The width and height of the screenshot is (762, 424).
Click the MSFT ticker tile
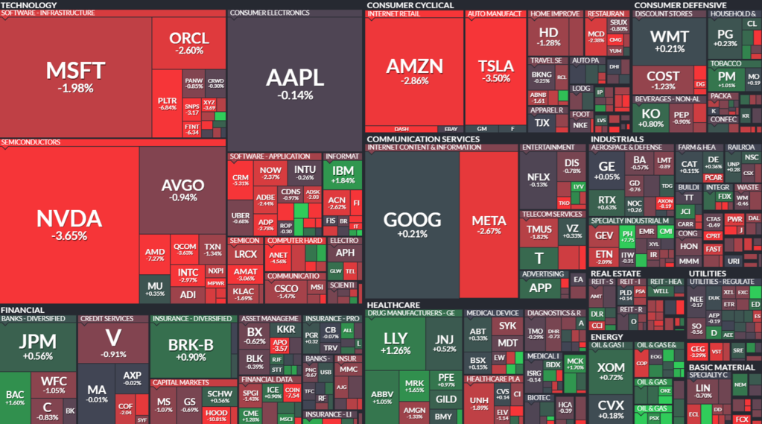(75, 76)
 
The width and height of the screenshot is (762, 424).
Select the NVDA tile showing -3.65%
(69, 224)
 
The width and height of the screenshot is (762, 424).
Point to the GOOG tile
(412, 224)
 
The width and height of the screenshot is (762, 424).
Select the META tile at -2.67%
(489, 224)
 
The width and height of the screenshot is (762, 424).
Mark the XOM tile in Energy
(612, 370)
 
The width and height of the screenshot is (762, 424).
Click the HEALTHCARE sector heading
(393, 305)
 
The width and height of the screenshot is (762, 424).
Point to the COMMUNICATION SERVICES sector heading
(422, 139)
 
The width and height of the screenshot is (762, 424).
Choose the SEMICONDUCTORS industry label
(31, 142)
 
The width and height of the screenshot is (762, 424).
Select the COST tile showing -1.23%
(663, 80)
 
